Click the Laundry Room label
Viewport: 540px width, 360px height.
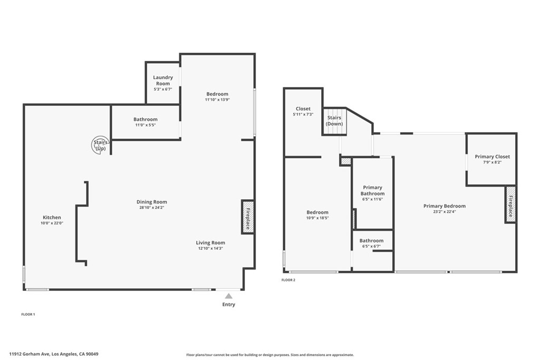click(163, 80)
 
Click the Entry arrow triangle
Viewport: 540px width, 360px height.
click(228, 296)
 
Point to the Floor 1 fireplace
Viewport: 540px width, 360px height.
click(248, 216)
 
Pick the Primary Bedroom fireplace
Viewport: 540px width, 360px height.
click(510, 205)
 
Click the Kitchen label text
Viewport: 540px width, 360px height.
click(52, 217)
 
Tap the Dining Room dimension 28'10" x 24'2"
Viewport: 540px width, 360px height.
click(152, 208)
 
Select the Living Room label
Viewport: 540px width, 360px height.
click(210, 243)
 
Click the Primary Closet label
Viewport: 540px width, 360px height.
click(492, 157)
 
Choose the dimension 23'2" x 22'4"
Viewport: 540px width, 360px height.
click(445, 212)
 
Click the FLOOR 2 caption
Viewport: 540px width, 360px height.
click(288, 280)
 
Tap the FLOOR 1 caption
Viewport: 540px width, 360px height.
click(28, 314)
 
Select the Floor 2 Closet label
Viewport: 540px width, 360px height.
click(303, 109)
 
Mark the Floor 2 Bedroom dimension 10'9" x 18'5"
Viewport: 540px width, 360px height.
click(317, 218)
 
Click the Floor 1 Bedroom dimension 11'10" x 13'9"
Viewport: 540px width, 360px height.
click(217, 100)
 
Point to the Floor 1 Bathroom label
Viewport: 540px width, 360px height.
click(146, 120)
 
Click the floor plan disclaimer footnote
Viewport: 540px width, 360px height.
click(270, 355)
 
